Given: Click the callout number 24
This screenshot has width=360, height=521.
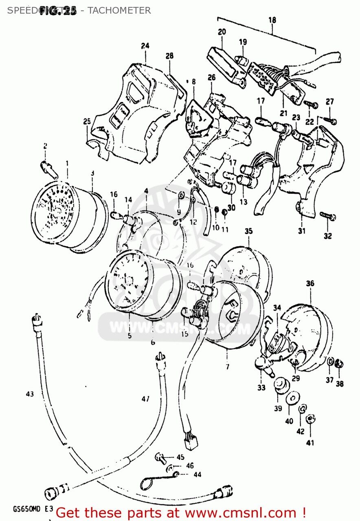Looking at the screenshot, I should (x=145, y=46).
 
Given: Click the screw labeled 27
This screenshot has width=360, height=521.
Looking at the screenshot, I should (x=331, y=120).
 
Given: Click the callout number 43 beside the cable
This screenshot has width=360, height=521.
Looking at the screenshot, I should (x=29, y=394).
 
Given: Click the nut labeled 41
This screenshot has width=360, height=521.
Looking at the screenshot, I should (x=310, y=418).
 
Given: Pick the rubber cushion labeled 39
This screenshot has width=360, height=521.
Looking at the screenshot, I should (x=279, y=384).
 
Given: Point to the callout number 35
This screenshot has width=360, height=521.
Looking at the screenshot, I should (x=248, y=231).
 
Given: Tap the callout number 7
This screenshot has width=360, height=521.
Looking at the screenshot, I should (x=227, y=367).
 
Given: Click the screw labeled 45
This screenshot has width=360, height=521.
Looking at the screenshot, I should (x=160, y=458).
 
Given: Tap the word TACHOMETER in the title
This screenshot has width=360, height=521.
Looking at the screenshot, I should (x=120, y=11).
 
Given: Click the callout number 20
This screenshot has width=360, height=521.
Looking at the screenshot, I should (x=222, y=32).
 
